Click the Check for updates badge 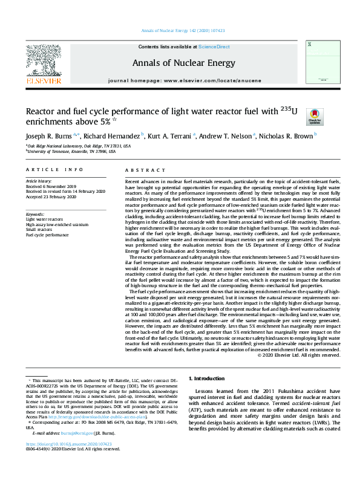(x=315, y=116)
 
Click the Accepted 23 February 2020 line (x=51, y=196)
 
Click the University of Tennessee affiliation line (x=71, y=152)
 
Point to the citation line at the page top (x=179, y=30)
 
